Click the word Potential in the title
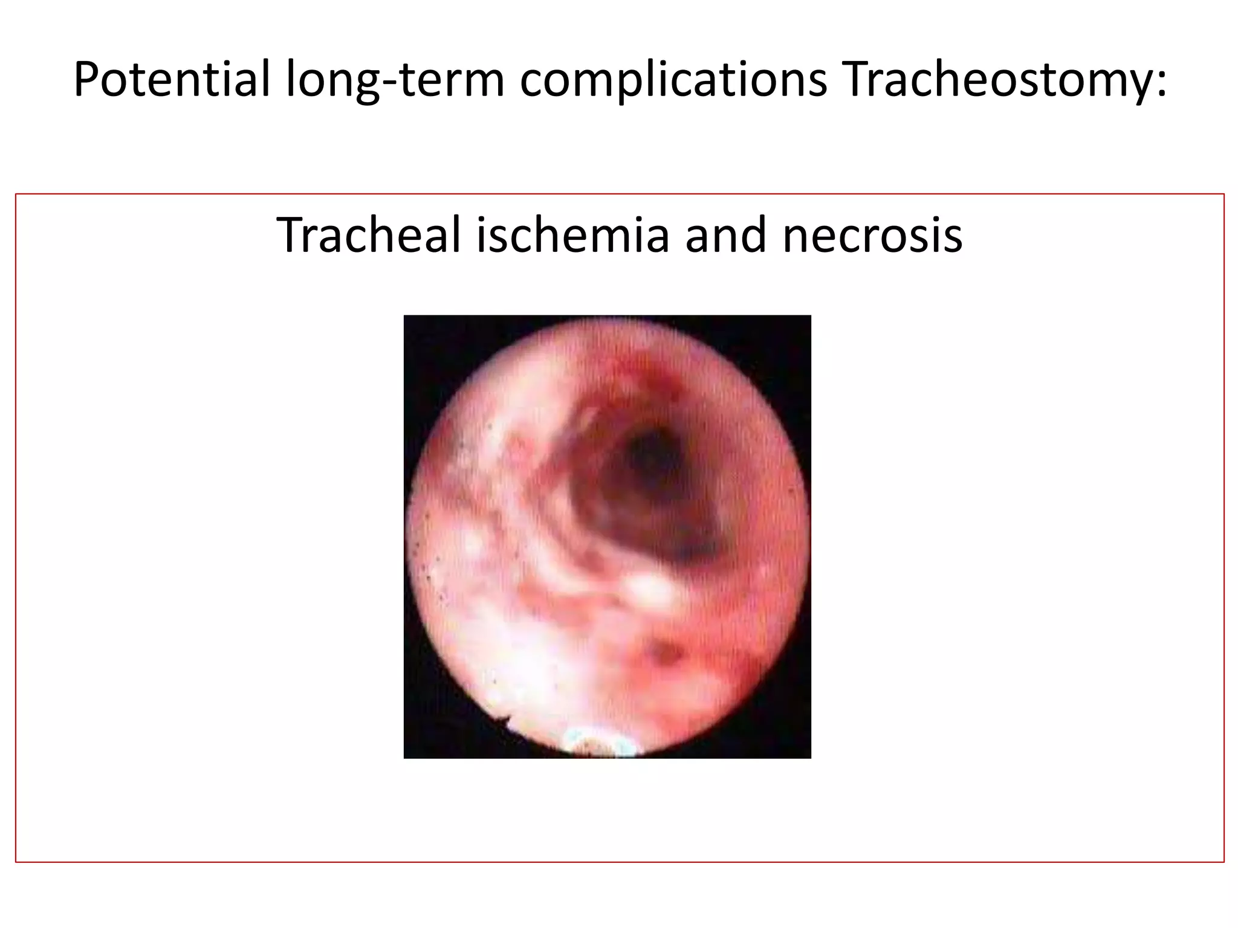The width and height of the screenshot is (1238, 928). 172,80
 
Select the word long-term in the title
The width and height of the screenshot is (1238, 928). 394,80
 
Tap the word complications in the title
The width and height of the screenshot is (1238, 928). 673,80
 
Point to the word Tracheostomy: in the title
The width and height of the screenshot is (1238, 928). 1003,80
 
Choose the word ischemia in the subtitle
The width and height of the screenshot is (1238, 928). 572,235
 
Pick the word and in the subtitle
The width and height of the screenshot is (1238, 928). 726,235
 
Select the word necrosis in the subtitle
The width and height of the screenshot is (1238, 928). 872,235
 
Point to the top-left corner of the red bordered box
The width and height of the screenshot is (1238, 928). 16,195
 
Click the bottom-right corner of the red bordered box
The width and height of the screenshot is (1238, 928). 1223,862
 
